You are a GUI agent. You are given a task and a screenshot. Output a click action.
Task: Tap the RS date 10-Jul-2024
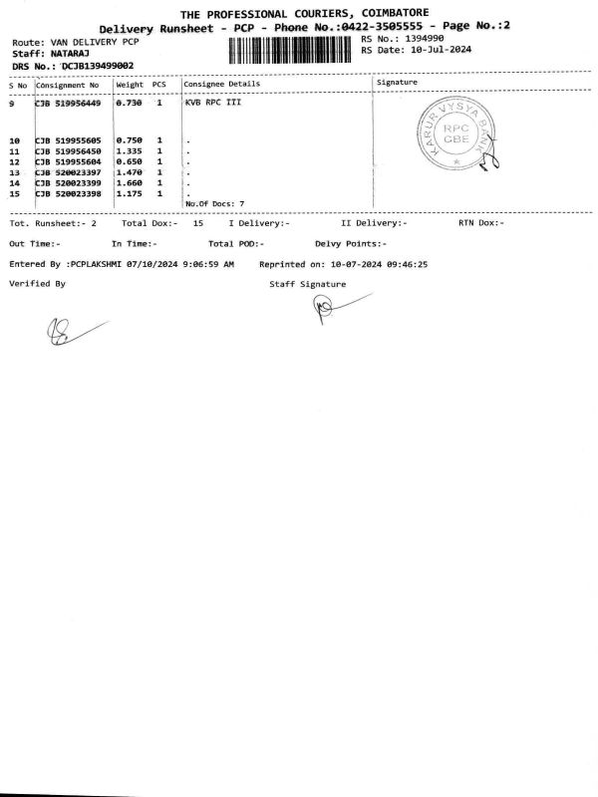pyautogui.click(x=437, y=50)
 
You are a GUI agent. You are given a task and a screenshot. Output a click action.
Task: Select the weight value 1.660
pyautogui.click(x=131, y=183)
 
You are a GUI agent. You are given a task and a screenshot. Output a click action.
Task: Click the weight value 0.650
pyautogui.click(x=131, y=161)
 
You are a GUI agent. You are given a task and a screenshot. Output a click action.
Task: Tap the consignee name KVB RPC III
pyautogui.click(x=213, y=103)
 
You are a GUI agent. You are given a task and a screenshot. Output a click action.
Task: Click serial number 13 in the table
pyautogui.click(x=14, y=172)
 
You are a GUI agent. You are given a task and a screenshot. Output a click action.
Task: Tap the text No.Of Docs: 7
pyautogui.click(x=214, y=203)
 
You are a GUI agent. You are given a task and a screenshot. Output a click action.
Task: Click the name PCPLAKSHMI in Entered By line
pyautogui.click(x=101, y=266)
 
